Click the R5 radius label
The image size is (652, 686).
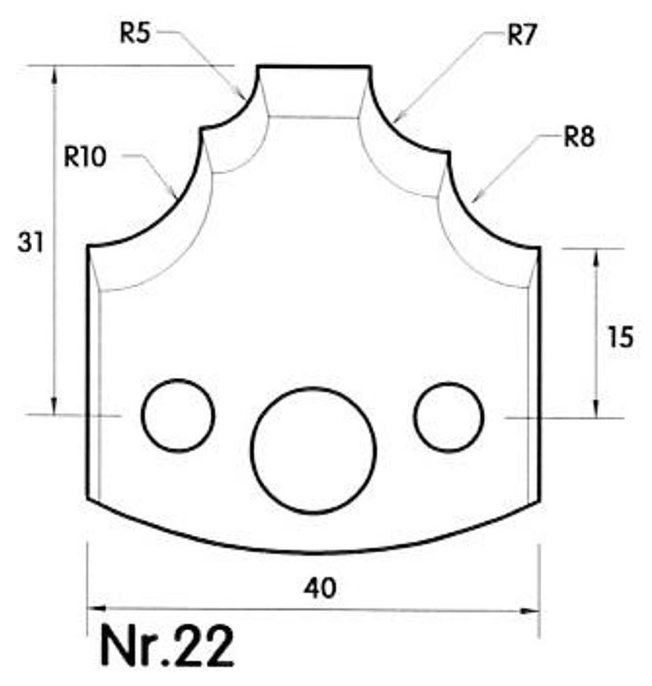coord(136,33)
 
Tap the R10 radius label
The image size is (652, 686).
coord(85,158)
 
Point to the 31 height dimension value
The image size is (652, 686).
coord(30,243)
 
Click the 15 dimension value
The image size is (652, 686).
coord(620,338)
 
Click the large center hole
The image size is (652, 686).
coord(313,450)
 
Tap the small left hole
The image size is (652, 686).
coord(178,415)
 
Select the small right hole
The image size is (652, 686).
coord(448,417)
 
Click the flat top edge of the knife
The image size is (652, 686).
coord(314,66)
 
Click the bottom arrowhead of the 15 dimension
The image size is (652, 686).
coord(594,412)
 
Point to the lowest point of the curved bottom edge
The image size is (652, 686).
coord(313,553)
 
